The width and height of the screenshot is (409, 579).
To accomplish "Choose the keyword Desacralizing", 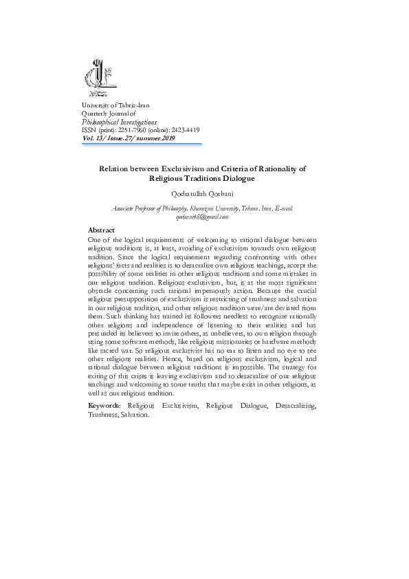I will click(294, 407).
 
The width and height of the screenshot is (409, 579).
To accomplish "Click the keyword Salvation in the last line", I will click(135, 415).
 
